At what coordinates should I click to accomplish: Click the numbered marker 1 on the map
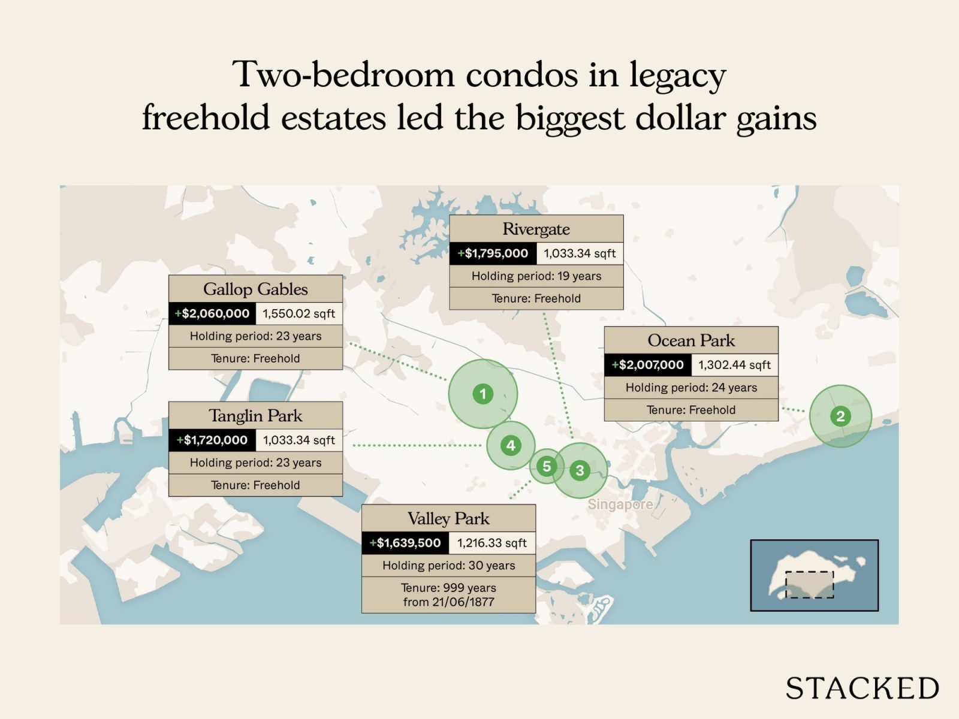[483, 394]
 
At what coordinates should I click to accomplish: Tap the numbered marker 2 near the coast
[840, 416]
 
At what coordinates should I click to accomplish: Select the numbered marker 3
[580, 470]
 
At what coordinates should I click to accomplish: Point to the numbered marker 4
[511, 445]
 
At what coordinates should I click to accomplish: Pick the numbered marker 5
[546, 466]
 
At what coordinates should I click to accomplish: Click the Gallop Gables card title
[255, 289]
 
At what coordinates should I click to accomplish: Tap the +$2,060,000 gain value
[212, 313]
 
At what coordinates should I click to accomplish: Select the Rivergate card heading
[536, 229]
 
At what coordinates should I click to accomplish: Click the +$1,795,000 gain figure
[493, 253]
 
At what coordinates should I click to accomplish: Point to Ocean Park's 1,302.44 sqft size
[734, 365]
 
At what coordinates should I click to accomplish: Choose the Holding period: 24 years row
[691, 388]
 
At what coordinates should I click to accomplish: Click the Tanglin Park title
[255, 416]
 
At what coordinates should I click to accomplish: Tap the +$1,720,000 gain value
[212, 440]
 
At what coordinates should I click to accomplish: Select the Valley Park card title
[448, 518]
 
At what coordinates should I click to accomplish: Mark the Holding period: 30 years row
[448, 566]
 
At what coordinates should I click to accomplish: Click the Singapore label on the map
[620, 504]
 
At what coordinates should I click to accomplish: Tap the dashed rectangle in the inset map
[809, 584]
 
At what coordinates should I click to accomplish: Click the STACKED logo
[862, 688]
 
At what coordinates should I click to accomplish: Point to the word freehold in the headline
[205, 117]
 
